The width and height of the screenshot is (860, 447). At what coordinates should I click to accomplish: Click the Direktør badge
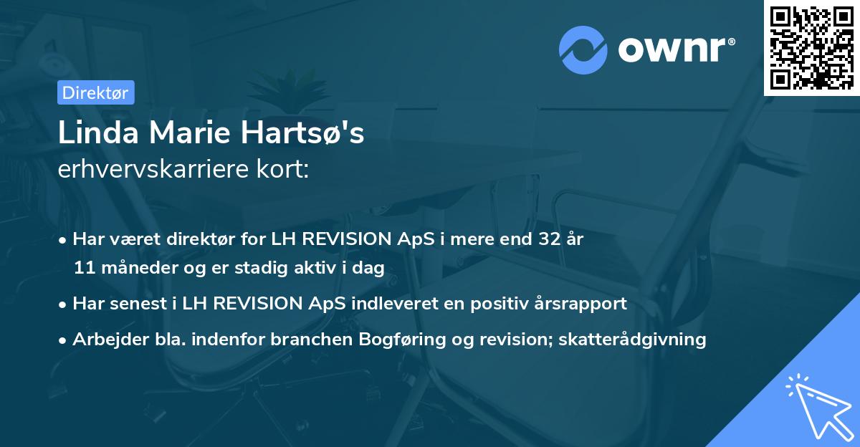point(95,92)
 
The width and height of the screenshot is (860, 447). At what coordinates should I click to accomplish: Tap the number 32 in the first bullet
point(550,239)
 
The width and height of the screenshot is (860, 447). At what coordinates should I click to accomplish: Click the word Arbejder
point(105,339)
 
